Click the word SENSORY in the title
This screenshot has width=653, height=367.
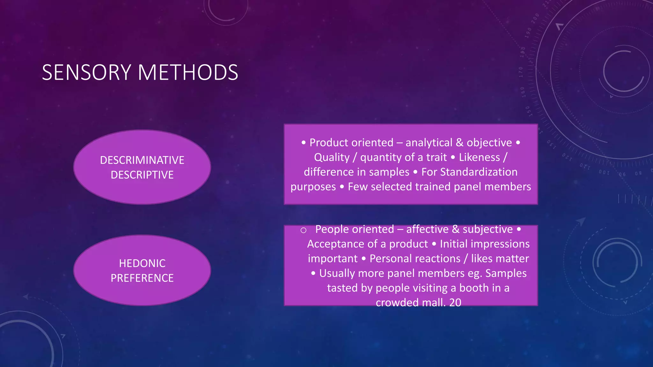(x=86, y=72)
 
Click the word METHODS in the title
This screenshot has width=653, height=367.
(x=188, y=72)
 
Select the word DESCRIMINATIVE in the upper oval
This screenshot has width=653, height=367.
(x=142, y=160)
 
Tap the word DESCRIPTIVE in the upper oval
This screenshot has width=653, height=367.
(x=142, y=175)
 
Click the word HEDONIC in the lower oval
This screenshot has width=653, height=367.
(x=142, y=263)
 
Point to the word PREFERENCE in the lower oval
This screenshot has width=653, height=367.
(x=142, y=278)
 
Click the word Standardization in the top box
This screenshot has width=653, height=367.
(x=479, y=172)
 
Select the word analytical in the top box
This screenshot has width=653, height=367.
(x=429, y=143)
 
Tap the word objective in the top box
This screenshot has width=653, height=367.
(x=489, y=143)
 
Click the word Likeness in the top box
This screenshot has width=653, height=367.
(x=479, y=157)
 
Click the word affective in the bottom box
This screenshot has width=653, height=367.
(x=427, y=229)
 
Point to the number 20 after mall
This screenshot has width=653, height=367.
(x=455, y=302)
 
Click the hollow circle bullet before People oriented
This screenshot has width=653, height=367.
(x=304, y=230)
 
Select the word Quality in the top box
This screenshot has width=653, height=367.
(x=332, y=157)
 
